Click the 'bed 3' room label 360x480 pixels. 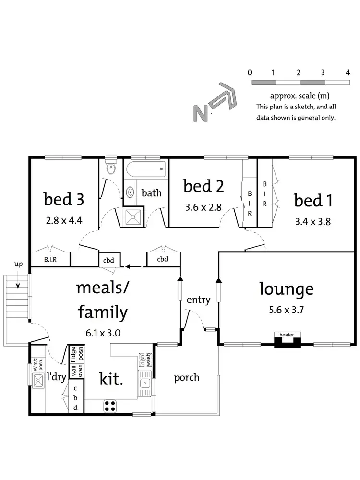(x=64, y=199)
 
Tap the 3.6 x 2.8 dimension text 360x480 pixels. (x=204, y=207)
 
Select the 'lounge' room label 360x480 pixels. (x=286, y=289)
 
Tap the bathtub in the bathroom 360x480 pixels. (x=145, y=169)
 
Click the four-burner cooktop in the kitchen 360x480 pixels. (x=110, y=406)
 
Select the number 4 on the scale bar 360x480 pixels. (x=348, y=72)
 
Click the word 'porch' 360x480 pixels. (x=186, y=377)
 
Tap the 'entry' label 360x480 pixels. (x=198, y=300)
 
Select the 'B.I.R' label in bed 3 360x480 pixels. (x=50, y=260)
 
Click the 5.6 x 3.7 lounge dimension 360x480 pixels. (x=287, y=310)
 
